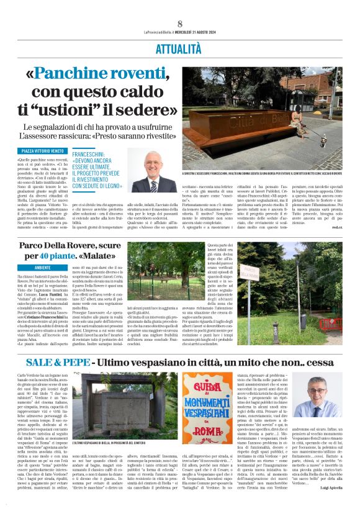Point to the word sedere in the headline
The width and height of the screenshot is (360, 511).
coord(149,111)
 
